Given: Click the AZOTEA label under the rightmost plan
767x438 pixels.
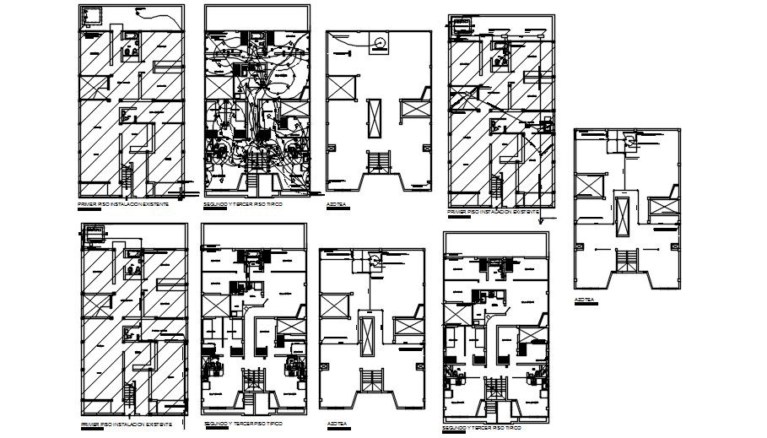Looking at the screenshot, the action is [x=585, y=299].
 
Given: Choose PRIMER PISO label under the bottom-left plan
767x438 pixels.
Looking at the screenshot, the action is [x=125, y=423].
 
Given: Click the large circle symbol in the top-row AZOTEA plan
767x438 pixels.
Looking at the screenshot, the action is [x=380, y=41].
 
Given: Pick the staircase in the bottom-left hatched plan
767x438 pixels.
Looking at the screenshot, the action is [x=128, y=393].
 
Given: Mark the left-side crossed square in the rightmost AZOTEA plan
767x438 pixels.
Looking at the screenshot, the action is [x=589, y=185].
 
